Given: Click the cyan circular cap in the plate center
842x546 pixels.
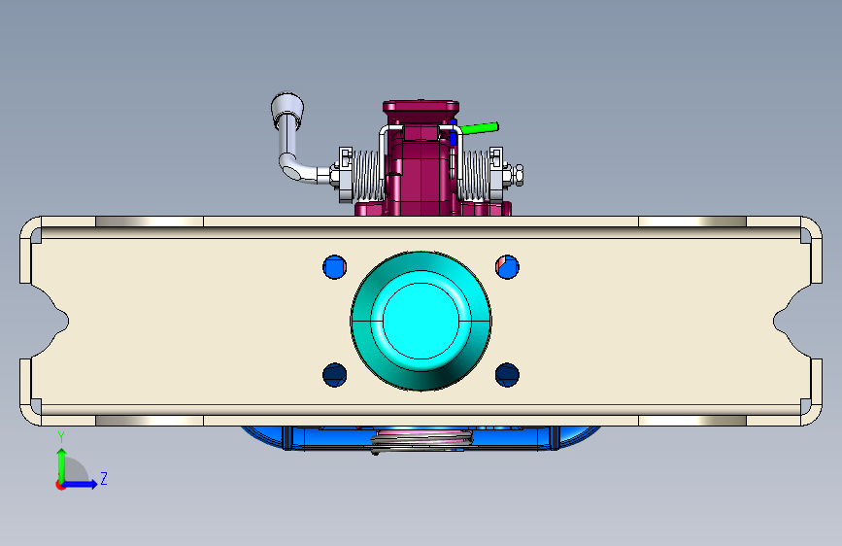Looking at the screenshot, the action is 421,321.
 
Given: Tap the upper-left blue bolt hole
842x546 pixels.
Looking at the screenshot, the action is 334,266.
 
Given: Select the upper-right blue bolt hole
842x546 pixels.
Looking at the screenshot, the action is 507,266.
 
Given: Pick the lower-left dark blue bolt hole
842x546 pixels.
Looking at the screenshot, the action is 334,375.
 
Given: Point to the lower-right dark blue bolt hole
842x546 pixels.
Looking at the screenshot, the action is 507,375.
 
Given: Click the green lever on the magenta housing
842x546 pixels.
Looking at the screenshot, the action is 479,128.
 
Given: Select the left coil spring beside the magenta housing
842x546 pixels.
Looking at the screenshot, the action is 367,175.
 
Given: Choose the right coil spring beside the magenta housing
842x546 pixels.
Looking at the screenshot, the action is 475,175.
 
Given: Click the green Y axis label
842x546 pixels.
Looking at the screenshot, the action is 61,437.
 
